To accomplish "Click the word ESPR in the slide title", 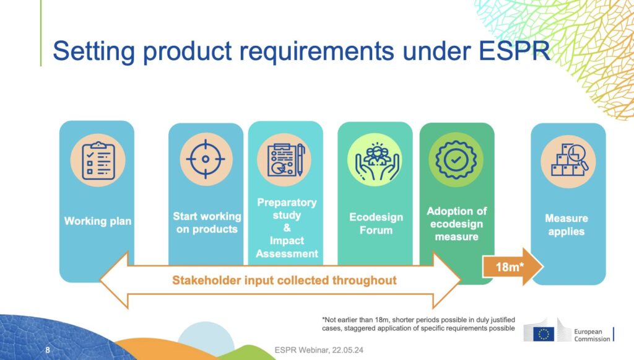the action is tap(514, 51).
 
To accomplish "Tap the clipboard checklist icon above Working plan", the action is tap(98, 160).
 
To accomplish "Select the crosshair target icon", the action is tap(206, 159).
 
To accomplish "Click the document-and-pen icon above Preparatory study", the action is tap(285, 160).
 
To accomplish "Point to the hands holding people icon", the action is tap(376, 160).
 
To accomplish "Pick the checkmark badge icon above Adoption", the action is tap(456, 160).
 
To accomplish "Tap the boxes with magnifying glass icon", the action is tap(569, 160).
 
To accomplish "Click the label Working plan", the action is tap(98, 221).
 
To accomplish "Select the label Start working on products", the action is tap(207, 223).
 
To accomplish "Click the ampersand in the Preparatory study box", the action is tap(287, 228).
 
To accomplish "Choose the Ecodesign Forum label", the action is tap(376, 224).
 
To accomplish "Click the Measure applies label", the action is tap(567, 225).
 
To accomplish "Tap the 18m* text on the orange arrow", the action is tap(510, 267).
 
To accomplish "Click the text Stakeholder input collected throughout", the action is tap(284, 280).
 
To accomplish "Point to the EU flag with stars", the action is tap(544, 334).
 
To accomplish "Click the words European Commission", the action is tap(593, 335).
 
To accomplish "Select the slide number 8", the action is tap(48, 349).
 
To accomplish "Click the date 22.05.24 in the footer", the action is tap(348, 350).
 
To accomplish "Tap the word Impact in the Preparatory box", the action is tap(287, 240).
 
